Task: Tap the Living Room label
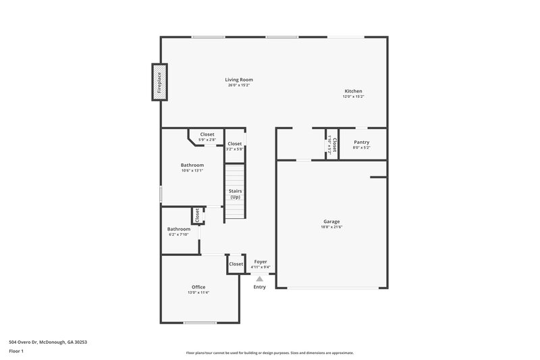[x=239, y=80]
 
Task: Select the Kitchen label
[x=353, y=91]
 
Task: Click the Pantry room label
[x=362, y=142]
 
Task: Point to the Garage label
[x=331, y=222]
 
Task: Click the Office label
[x=198, y=287]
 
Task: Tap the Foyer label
[x=261, y=261]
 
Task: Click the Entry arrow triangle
[x=260, y=278]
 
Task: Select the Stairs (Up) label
[x=236, y=194]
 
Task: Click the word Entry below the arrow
[x=260, y=287]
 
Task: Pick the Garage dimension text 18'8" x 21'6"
[x=331, y=227]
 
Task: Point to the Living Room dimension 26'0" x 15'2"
[x=239, y=85]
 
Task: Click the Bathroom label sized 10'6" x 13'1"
[x=192, y=165]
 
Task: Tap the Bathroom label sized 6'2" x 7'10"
[x=179, y=229]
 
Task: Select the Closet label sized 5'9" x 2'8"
[x=207, y=134]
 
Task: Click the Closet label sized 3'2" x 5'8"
[x=234, y=144]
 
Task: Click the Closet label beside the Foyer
[x=236, y=264]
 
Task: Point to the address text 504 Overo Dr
[x=47, y=342]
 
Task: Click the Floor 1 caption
[x=17, y=352]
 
